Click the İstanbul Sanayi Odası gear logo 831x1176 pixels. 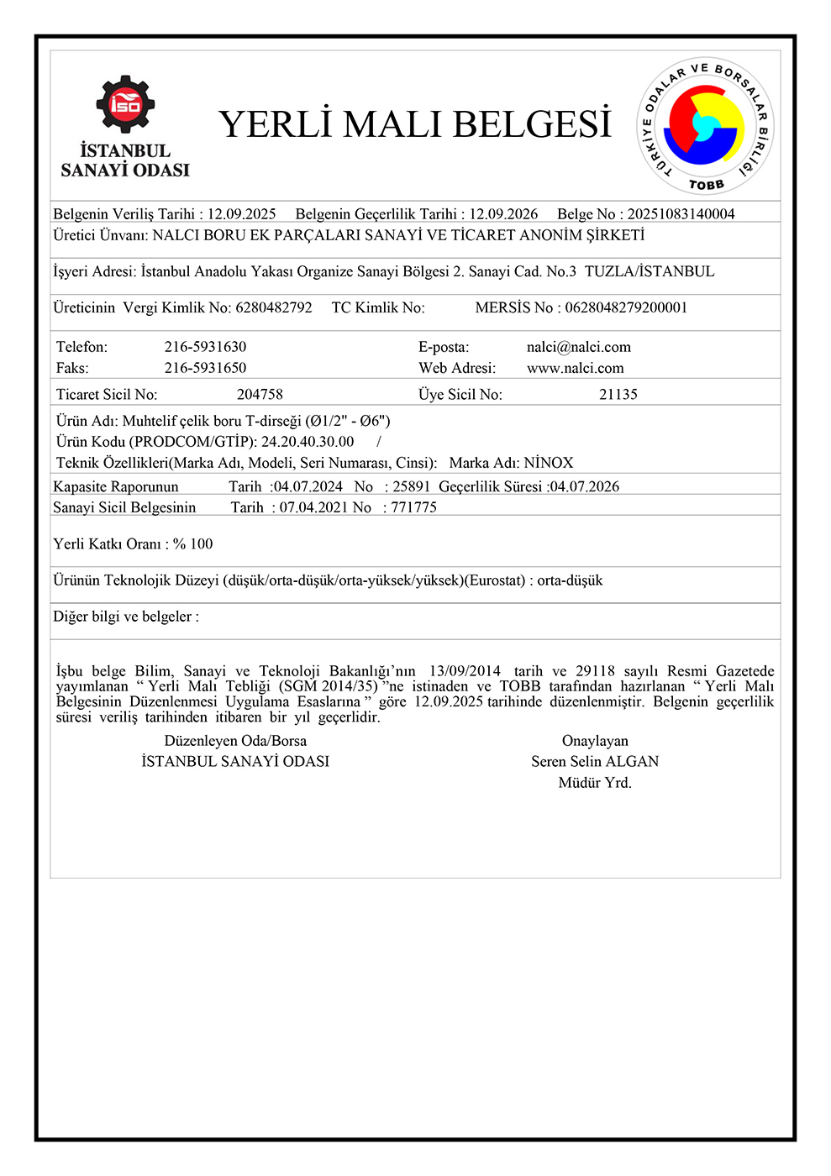pos(124,105)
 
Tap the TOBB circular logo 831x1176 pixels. pos(704,128)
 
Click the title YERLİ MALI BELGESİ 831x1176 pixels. pos(414,124)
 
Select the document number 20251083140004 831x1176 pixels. pos(681,214)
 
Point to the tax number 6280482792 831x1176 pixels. pos(274,307)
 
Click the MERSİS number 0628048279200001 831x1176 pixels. pos(626,307)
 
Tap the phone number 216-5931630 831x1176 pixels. pos(205,347)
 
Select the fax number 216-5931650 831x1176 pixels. pos(205,368)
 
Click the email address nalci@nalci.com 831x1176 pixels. pos(578,347)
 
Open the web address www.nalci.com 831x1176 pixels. pos(575,368)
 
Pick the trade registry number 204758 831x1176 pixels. pos(260,394)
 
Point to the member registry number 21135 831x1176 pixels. pos(618,394)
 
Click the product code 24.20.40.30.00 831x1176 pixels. pos(308,442)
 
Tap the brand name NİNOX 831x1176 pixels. pos(549,463)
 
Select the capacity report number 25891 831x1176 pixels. pos(411,486)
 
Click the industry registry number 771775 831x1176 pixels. pos(413,507)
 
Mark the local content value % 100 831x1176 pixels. pos(193,544)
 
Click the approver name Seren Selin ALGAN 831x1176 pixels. pos(594,762)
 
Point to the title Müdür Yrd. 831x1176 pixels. pos(594,783)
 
